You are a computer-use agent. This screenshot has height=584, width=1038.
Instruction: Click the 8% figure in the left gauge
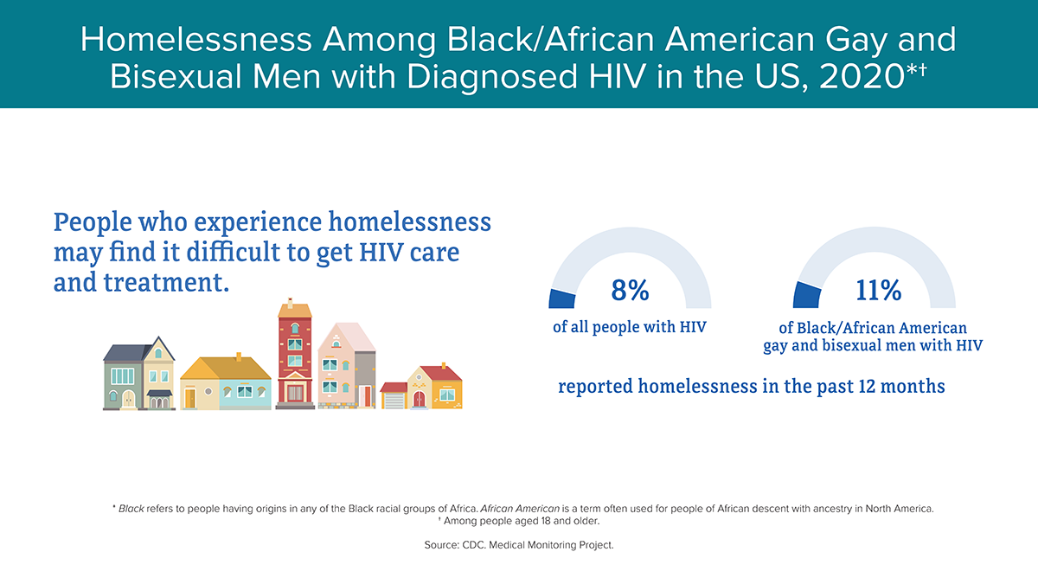[x=630, y=290]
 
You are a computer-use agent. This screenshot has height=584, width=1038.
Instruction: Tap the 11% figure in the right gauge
[x=878, y=290]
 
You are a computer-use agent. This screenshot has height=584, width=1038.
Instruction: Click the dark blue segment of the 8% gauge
[x=561, y=299]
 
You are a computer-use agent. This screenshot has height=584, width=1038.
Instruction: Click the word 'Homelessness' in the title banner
[x=196, y=40]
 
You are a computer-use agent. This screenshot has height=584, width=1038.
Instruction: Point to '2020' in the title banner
[x=862, y=76]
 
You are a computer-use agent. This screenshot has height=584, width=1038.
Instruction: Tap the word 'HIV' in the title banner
[x=617, y=76]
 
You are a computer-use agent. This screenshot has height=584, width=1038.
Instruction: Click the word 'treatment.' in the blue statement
[x=166, y=282]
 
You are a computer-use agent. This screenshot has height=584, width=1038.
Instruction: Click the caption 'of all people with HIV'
[x=630, y=327]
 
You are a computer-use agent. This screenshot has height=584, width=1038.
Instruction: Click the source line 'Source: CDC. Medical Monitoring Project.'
[x=519, y=545]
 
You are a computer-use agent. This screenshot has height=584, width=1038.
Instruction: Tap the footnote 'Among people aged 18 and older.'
[x=522, y=521]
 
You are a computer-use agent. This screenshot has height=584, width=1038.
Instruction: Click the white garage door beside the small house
[x=394, y=401]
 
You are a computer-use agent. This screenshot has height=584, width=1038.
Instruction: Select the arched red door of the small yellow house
[x=419, y=399]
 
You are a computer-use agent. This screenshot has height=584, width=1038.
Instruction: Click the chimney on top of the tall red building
[x=290, y=302]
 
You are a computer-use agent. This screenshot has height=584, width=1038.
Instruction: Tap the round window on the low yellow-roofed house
[x=208, y=392]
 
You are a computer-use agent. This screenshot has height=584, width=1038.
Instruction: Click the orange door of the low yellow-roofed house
[x=190, y=399]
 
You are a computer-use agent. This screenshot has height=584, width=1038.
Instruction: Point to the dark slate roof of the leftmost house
[x=126, y=353]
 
